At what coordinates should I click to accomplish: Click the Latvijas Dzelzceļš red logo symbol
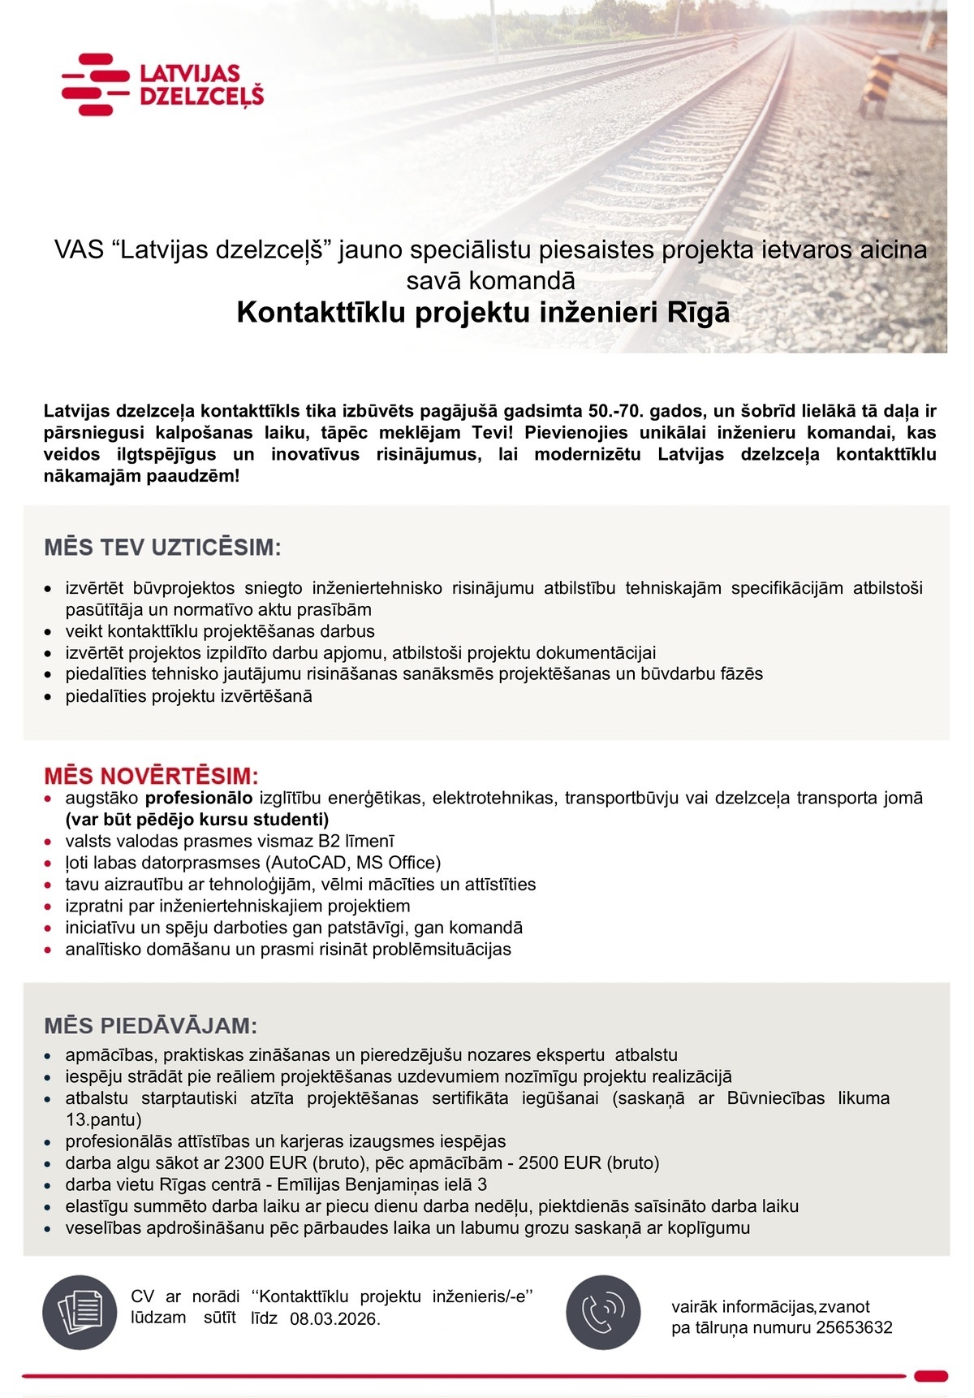[95, 84]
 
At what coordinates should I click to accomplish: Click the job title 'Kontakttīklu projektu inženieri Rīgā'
[483, 312]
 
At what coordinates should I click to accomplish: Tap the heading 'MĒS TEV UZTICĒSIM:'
[162, 548]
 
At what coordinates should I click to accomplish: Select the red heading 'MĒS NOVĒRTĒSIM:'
[152, 774]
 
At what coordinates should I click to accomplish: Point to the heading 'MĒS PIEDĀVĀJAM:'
[151, 1026]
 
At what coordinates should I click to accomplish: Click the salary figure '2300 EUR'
[260, 1163]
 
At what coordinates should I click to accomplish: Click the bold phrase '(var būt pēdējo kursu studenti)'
[197, 819]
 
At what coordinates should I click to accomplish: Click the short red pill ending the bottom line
[930, 1376]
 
